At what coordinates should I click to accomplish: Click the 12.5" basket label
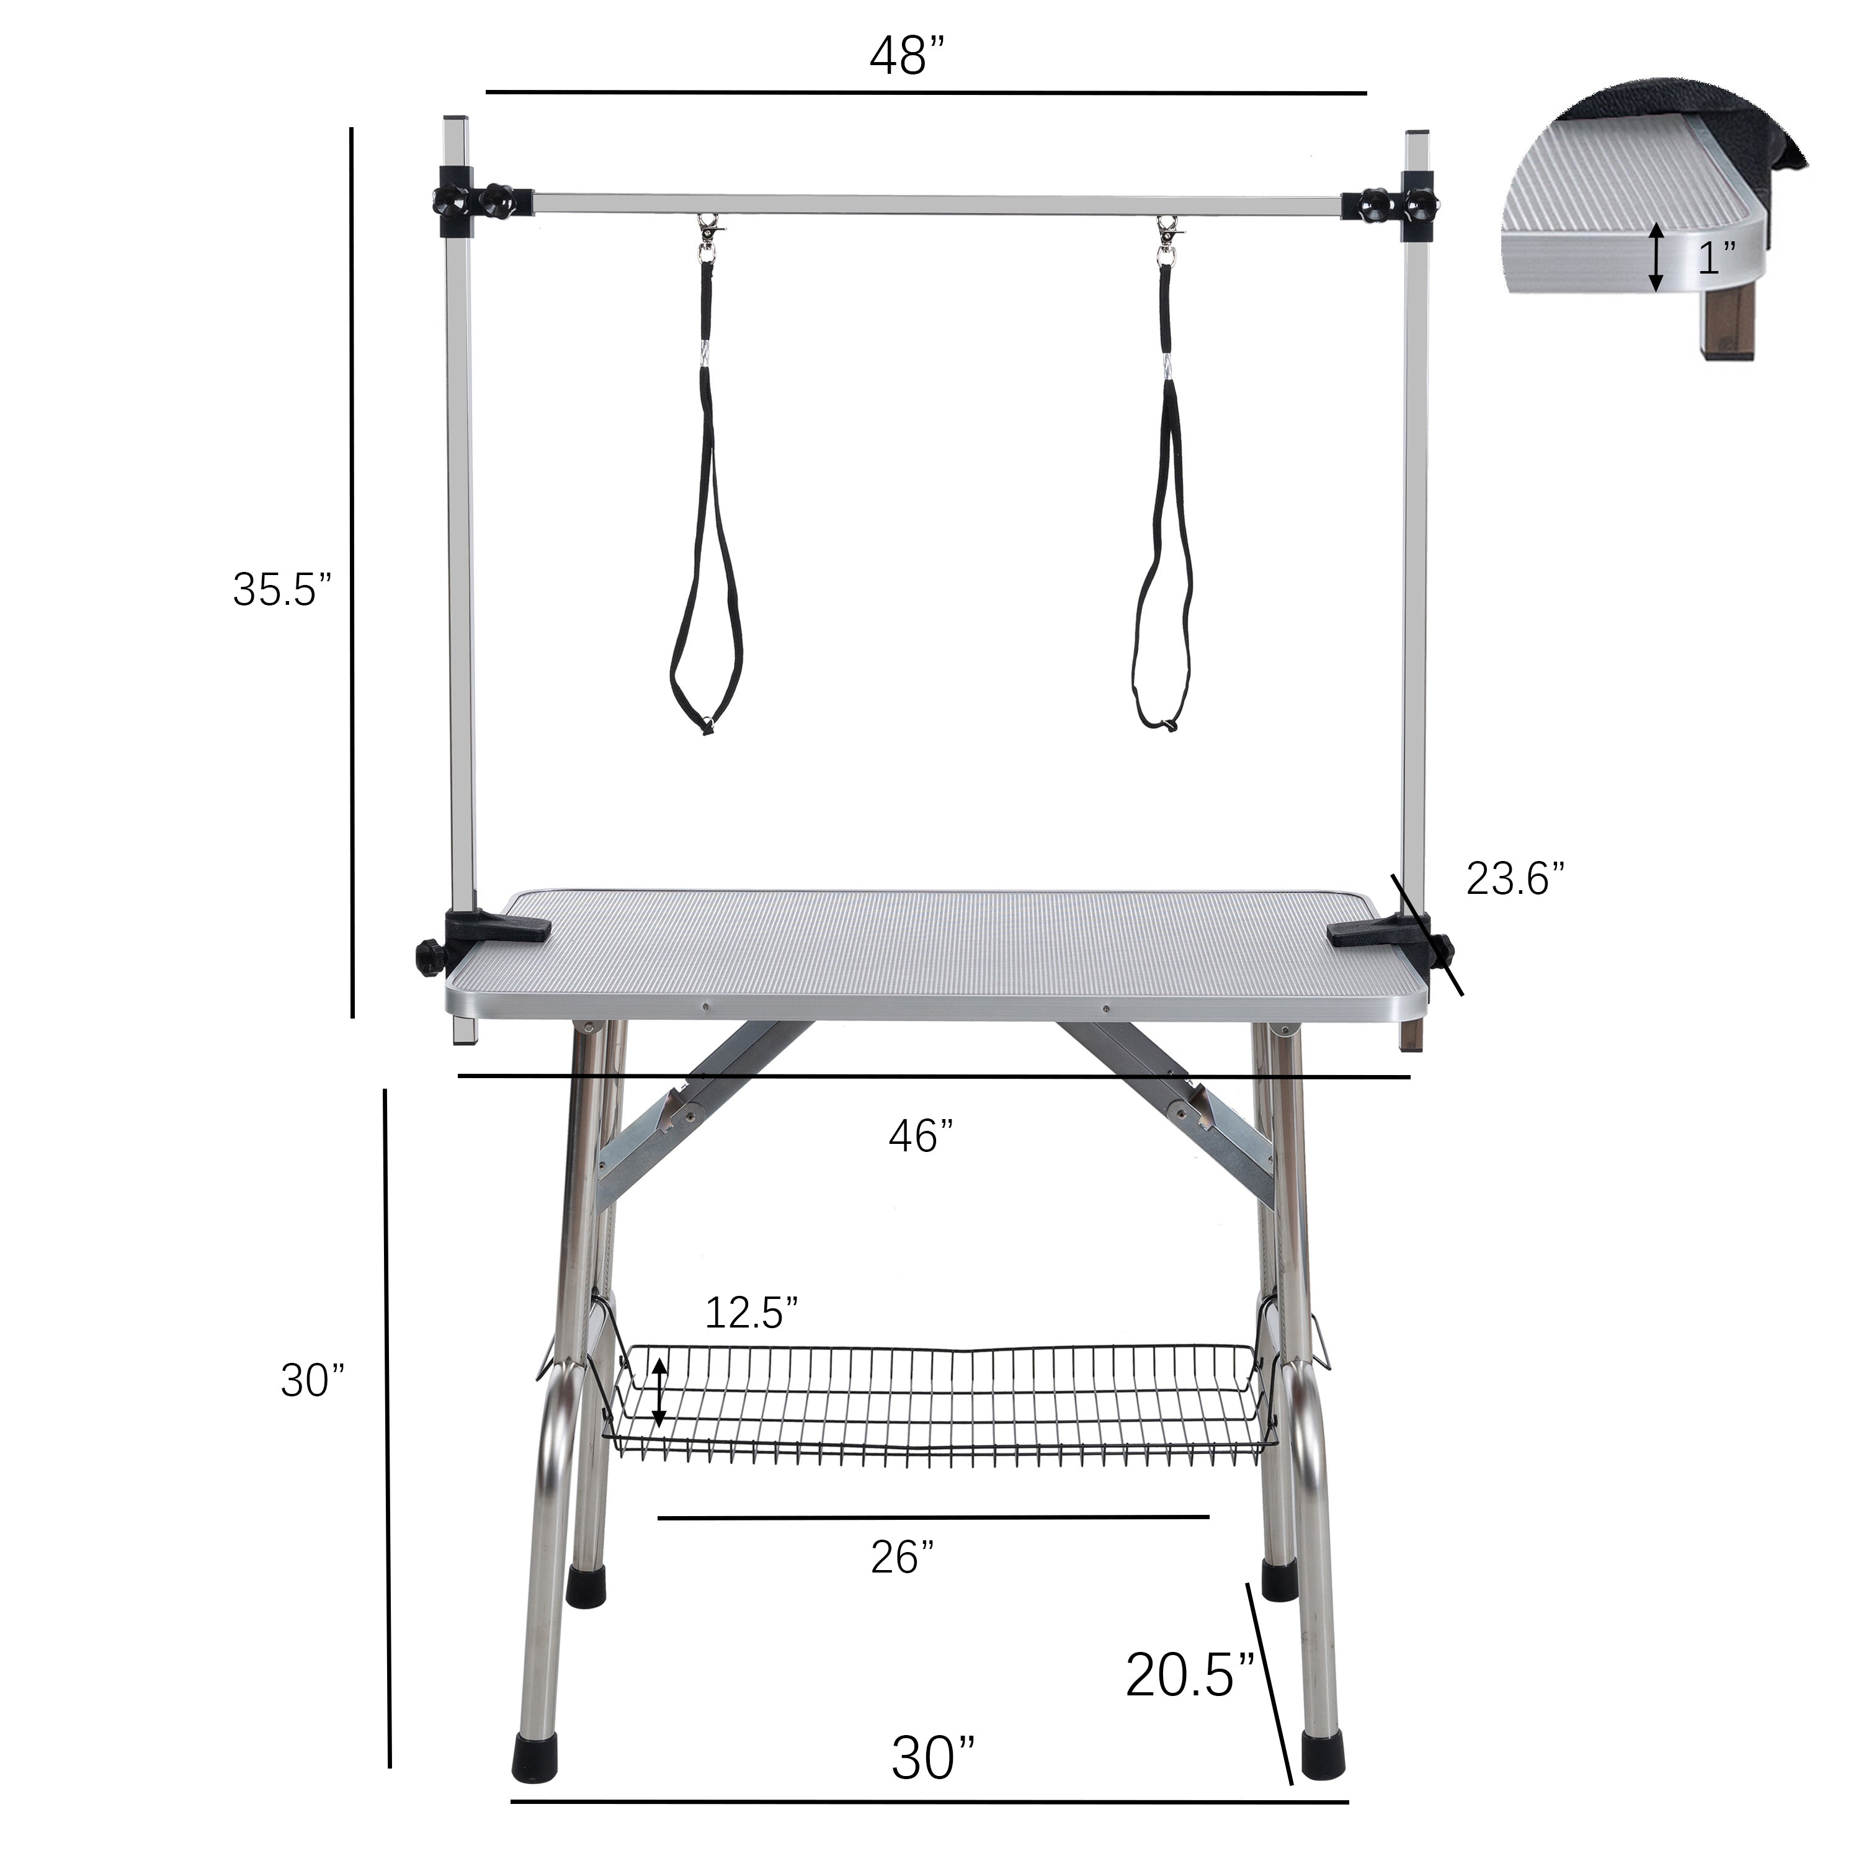(751, 1312)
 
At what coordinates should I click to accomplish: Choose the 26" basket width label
(903, 1558)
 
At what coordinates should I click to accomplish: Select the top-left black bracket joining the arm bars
(481, 202)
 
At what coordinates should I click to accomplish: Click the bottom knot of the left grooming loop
(708, 727)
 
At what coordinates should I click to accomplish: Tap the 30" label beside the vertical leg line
(312, 1380)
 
